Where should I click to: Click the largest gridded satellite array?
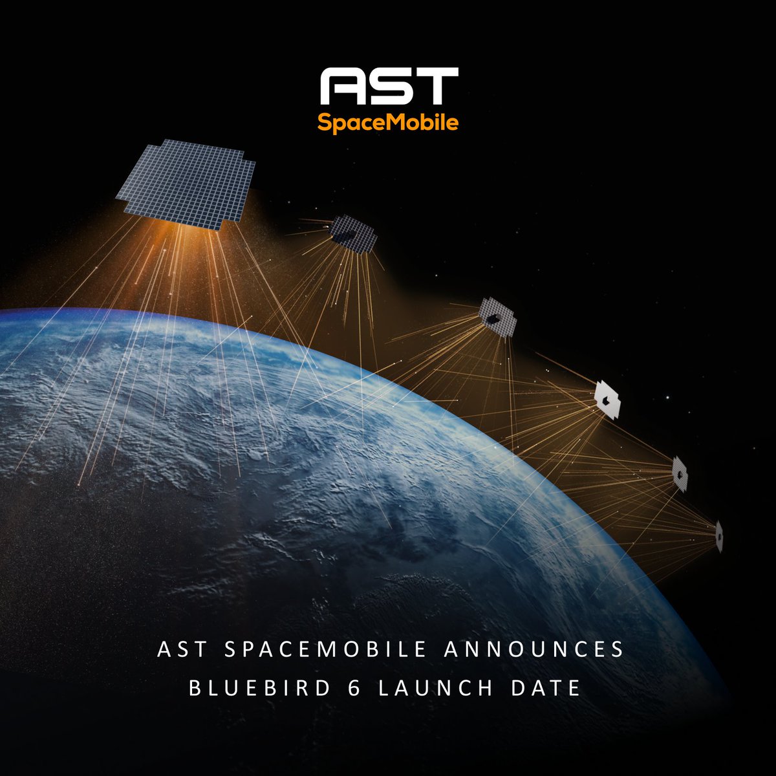(x=186, y=183)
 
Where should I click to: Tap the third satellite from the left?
(x=497, y=318)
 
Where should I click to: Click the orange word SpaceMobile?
(x=388, y=122)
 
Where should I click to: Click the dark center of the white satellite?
(x=605, y=402)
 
